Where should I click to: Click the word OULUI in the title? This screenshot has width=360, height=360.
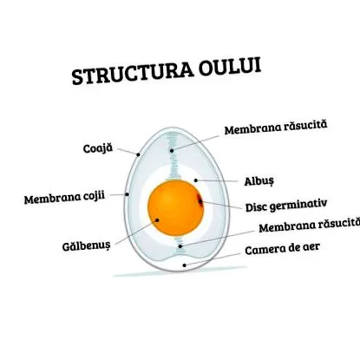(x=230, y=67)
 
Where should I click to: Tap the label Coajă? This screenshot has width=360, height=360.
(x=98, y=148)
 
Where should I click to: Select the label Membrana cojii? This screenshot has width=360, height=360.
(x=64, y=198)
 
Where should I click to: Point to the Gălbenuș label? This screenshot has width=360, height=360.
(x=87, y=246)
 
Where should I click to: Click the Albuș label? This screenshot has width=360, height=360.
(x=259, y=181)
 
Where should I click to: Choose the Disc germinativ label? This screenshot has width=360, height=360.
(x=286, y=205)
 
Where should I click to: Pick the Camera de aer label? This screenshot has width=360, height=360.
(x=282, y=249)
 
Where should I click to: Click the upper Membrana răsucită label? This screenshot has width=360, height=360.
(x=276, y=128)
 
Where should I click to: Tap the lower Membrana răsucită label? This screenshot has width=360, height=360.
(x=310, y=226)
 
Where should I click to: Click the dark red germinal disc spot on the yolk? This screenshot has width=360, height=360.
(x=200, y=200)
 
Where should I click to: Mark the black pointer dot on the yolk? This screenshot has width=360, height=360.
(x=157, y=220)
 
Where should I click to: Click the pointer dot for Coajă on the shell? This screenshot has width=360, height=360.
(x=138, y=154)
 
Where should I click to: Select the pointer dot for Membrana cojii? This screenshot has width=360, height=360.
(x=127, y=194)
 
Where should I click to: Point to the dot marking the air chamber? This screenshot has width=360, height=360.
(x=185, y=265)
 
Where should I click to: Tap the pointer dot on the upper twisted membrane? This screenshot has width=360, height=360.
(x=172, y=150)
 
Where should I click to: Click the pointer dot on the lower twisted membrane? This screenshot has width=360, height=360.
(x=180, y=246)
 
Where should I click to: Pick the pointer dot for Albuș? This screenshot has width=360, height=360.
(x=196, y=180)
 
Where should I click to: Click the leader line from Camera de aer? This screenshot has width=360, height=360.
(x=213, y=259)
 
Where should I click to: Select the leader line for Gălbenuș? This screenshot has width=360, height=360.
(x=136, y=232)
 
